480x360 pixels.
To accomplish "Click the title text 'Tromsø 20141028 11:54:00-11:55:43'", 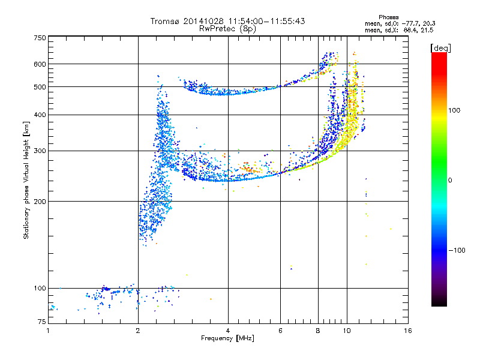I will point(227,21).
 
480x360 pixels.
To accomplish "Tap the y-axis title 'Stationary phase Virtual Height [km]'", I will point(26,181).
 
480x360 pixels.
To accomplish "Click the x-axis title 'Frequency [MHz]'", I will point(227,340).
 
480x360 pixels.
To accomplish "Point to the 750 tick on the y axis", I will point(40,37).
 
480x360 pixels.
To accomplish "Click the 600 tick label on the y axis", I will point(40,64).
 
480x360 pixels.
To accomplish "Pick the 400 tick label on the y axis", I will point(40,115).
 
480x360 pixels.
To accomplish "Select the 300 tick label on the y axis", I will point(40,151).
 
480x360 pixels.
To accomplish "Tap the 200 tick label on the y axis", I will point(40,201).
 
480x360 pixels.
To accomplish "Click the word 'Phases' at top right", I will point(389,16).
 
